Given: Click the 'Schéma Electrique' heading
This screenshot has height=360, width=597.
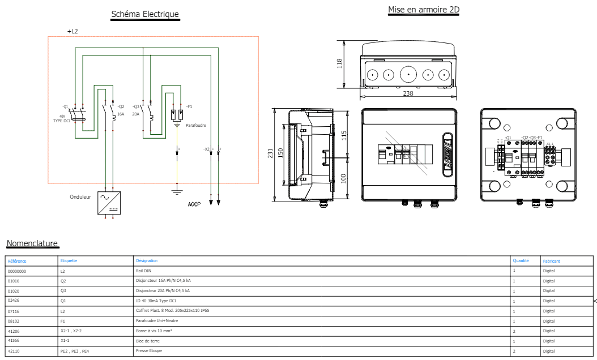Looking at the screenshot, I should [x=145, y=14].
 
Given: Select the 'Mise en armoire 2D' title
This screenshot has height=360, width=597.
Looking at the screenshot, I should [x=423, y=10].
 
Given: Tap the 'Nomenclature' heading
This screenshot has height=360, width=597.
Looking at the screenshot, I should [x=32, y=243].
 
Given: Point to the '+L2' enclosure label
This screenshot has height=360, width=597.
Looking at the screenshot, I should [x=73, y=32].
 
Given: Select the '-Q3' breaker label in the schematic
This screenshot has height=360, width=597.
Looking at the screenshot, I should [x=136, y=106].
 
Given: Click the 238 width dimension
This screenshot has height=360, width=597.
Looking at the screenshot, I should [x=408, y=93].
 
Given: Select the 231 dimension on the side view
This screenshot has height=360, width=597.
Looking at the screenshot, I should [x=270, y=153].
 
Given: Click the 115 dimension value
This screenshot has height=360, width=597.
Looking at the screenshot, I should [x=344, y=135].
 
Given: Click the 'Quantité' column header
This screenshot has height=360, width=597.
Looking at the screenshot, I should [x=521, y=261].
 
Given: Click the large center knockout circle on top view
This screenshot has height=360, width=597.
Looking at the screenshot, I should [x=408, y=75].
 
